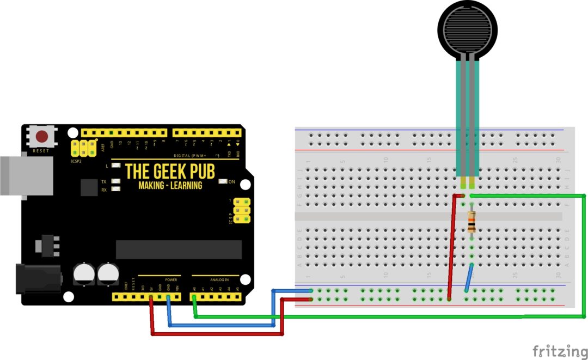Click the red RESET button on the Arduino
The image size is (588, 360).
tap(41, 136)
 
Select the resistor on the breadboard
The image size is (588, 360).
tap(471, 222)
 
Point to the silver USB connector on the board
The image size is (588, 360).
tap(24, 175)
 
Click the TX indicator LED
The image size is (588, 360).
tap(115, 181)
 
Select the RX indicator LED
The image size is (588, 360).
tap(115, 190)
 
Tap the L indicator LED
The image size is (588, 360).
tap(115, 165)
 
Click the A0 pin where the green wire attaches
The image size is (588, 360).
tap(194, 297)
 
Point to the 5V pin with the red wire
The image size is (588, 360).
tap(151, 297)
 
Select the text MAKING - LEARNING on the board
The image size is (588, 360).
tap(170, 186)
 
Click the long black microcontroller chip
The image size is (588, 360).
tap(179, 249)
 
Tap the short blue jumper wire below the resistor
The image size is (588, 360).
tap(469, 278)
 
